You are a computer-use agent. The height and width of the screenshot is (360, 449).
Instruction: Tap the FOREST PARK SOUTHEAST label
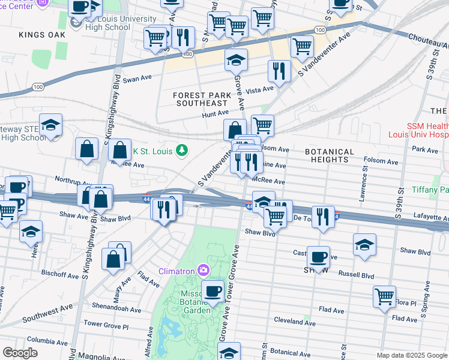point(202,99)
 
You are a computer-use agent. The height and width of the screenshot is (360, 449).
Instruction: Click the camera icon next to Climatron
point(204,270)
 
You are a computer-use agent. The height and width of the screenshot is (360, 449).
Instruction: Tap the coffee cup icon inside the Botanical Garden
point(212,292)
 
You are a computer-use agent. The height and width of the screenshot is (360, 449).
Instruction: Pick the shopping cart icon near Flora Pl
point(384,296)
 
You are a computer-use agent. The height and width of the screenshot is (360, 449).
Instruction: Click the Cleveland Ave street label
point(295,322)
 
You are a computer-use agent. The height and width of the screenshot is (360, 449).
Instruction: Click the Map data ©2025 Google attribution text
point(411,355)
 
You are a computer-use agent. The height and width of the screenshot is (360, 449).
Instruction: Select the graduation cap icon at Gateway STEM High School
point(51,125)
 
